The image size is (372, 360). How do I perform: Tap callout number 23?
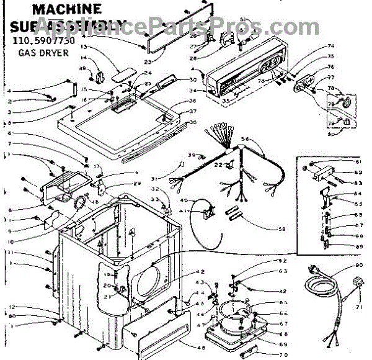(x=146, y=61)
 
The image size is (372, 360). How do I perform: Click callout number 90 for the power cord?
(x=358, y=266)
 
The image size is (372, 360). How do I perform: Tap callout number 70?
(x=283, y=354)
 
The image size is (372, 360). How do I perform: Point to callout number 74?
(x=330, y=46)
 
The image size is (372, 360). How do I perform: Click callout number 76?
(x=330, y=67)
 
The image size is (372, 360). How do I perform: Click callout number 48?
(x=202, y=347)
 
